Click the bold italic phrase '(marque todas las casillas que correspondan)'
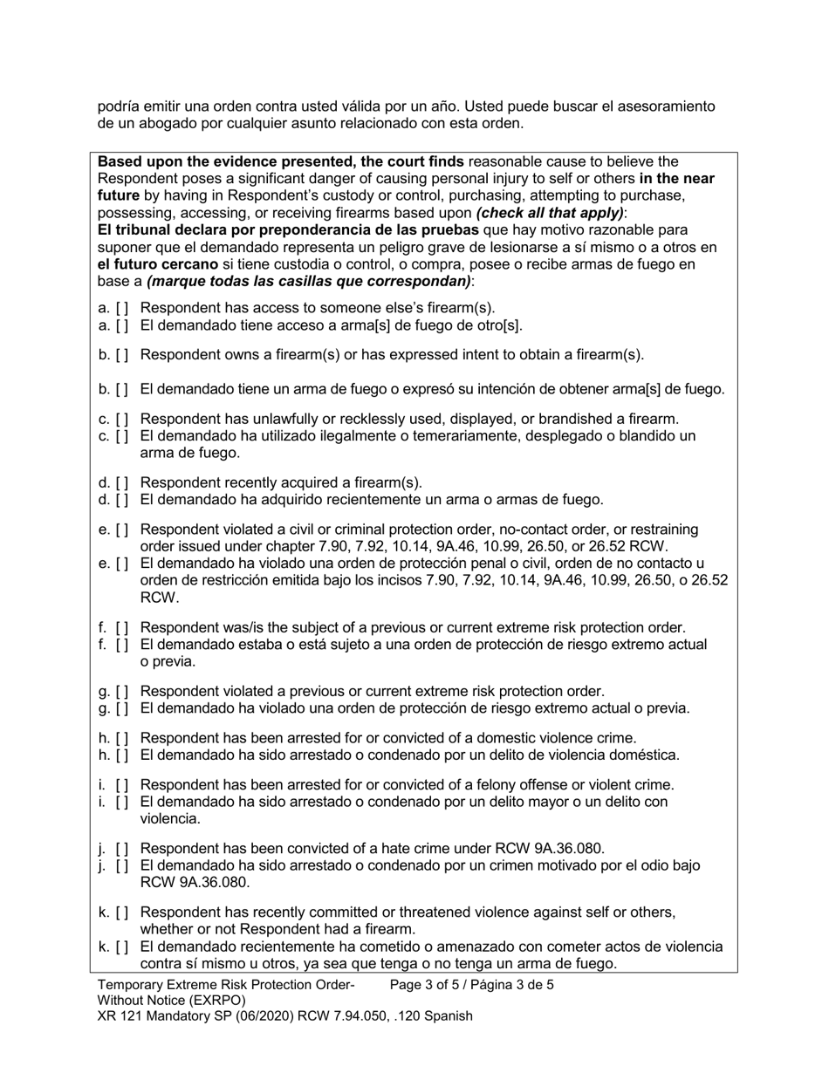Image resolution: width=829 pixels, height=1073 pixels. (x=309, y=282)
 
